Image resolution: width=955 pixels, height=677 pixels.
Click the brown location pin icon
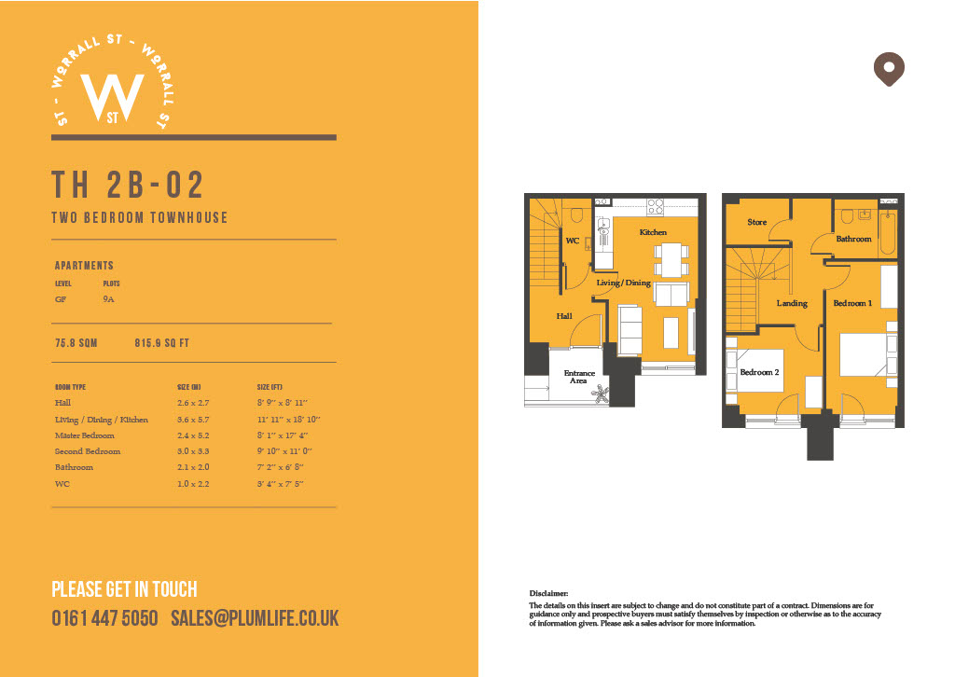(889, 68)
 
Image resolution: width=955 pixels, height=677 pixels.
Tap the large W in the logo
(112, 97)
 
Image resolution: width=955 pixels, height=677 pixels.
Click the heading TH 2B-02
(128, 185)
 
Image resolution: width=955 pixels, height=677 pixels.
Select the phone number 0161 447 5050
(104, 618)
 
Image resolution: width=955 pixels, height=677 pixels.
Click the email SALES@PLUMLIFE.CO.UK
(255, 618)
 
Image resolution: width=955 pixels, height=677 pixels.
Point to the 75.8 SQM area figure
(76, 343)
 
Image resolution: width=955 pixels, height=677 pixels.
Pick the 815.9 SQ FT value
(162, 343)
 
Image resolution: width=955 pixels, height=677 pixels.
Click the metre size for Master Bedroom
(193, 435)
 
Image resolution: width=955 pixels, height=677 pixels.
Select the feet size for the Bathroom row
(280, 467)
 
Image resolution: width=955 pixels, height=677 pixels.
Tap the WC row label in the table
(62, 484)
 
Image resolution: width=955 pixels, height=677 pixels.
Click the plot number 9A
(108, 299)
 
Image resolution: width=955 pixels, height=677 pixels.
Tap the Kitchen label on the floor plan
(653, 232)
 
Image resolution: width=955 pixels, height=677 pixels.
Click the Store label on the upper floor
(757, 222)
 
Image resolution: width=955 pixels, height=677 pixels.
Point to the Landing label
(792, 303)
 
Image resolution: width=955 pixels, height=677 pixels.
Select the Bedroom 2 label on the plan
(759, 372)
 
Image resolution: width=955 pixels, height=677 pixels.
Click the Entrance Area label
(579, 377)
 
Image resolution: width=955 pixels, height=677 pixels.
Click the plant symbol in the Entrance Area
(601, 394)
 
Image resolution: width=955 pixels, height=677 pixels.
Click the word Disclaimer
(548, 594)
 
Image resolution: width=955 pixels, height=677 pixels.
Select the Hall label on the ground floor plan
(564, 316)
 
